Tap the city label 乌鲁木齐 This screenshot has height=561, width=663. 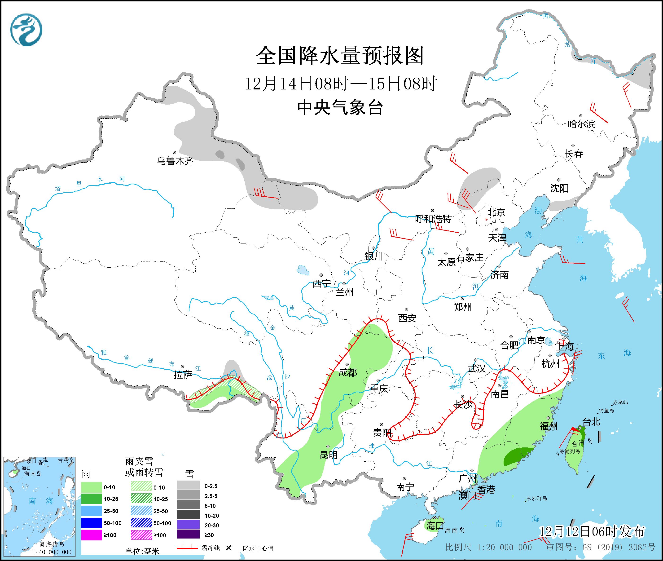(175, 161)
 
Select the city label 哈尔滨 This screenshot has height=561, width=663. (581, 124)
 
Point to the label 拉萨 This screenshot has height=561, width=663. (183, 375)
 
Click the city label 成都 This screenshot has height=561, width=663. (347, 372)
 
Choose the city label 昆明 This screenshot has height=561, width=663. (329, 455)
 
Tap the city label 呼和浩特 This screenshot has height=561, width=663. (433, 219)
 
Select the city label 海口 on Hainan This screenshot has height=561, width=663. (435, 525)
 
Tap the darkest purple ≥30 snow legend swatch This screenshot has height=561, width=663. (188, 535)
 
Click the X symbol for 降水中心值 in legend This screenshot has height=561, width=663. (228, 548)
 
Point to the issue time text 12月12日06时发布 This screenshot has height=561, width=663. (592, 531)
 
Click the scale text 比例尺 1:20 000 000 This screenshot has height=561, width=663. (488, 547)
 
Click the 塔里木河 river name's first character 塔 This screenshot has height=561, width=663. (58, 189)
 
